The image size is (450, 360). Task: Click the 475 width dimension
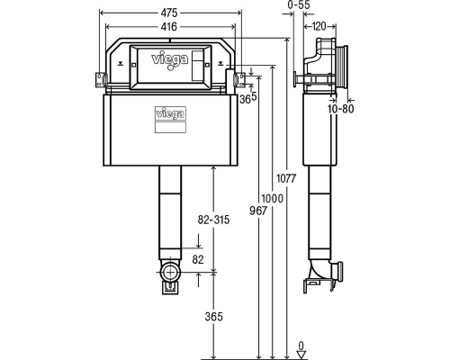pos(169,13)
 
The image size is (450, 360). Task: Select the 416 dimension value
pos(169,27)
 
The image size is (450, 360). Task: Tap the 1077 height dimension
pos(286,178)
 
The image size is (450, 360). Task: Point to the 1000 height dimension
pos(272,198)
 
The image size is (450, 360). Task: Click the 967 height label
pos(258,211)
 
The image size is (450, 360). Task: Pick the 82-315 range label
pos(213,220)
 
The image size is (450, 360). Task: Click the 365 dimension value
pos(214,317)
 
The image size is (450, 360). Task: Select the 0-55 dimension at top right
pos(299,4)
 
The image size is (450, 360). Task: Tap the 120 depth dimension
pos(319,27)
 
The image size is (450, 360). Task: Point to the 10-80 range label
pos(341,109)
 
